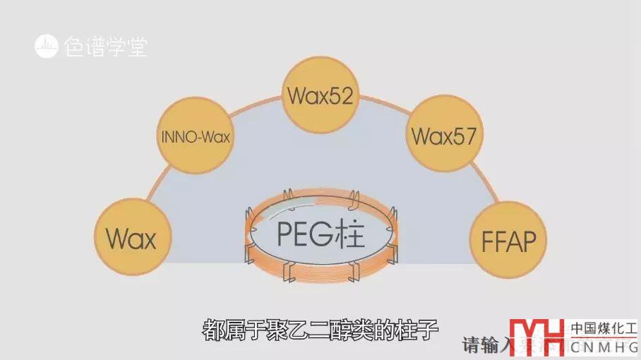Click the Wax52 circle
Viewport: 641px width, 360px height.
pos(320,95)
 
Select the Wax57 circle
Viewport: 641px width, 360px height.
pos(444,134)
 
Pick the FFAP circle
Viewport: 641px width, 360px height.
pos(508,241)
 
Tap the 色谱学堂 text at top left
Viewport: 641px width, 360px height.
pos(105,47)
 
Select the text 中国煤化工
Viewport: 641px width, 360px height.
pos(604,328)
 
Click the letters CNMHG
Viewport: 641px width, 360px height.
pos(604,347)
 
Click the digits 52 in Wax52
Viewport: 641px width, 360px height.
pos(340,95)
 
